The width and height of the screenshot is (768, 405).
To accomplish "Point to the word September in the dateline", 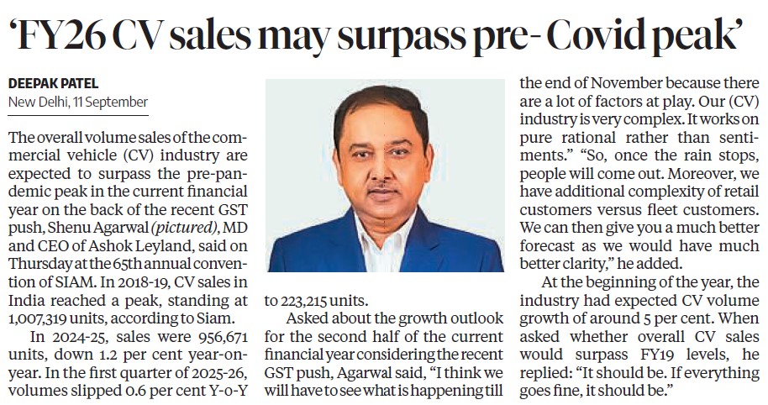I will [118, 103].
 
